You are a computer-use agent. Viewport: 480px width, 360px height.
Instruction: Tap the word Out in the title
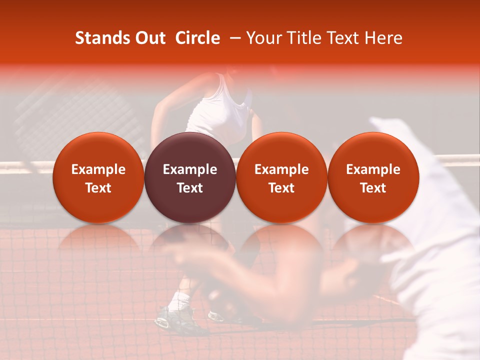[x=150, y=38]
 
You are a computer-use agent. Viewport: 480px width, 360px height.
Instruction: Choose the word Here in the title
[x=384, y=38]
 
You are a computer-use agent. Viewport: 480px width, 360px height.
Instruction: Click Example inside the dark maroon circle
[x=190, y=169]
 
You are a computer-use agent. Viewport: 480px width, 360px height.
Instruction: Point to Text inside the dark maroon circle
[x=190, y=188]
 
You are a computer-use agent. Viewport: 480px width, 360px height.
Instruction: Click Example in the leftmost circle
[x=98, y=169]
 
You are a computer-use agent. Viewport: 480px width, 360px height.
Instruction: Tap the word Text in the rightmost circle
[x=373, y=188]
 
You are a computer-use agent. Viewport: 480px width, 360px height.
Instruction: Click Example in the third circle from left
[x=281, y=169]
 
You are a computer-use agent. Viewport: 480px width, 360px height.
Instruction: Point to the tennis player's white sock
[x=179, y=301]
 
